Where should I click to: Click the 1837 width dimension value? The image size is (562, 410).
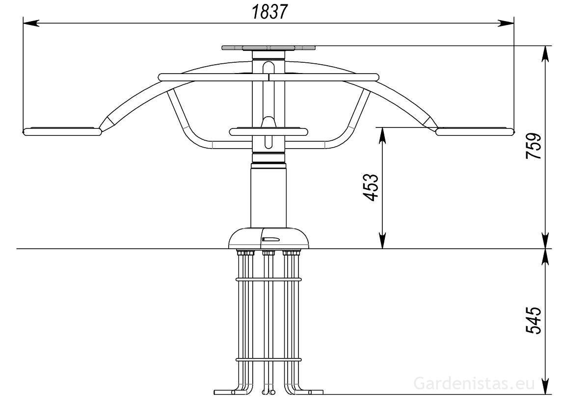[x=269, y=12]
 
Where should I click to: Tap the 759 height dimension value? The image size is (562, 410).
[x=534, y=146]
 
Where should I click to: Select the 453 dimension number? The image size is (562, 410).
[x=371, y=187]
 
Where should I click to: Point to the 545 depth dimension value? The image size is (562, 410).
[x=534, y=320]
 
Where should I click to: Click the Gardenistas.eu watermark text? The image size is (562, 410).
[x=474, y=384]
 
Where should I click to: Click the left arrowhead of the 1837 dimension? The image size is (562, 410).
[x=31, y=23]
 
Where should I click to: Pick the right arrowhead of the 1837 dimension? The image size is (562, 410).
[x=506, y=23]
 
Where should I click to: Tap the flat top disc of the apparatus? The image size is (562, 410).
[x=268, y=48]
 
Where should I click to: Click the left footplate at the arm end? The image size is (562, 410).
[x=62, y=131]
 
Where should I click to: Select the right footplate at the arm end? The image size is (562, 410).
[x=476, y=131]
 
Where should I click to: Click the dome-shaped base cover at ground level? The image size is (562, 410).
[x=268, y=238]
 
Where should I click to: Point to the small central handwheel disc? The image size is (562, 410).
[x=268, y=132]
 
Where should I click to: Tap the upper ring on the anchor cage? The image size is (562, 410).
[x=268, y=280]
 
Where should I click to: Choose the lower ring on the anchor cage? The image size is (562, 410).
[x=268, y=359]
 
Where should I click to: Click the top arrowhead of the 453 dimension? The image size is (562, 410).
[x=383, y=135]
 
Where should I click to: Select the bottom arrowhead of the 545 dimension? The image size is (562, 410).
[x=545, y=386]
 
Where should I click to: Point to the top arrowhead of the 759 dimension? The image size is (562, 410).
[x=545, y=54]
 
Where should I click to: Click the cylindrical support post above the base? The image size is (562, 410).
[x=268, y=195]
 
